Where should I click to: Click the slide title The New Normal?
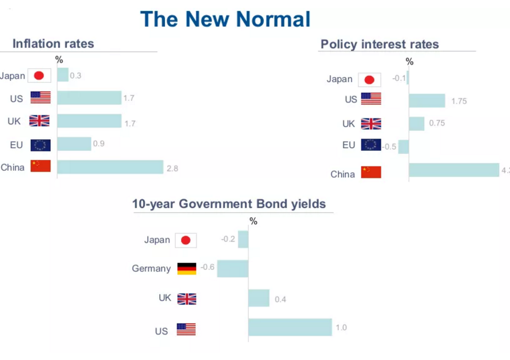tap(225, 19)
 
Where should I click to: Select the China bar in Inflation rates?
tap(110, 167)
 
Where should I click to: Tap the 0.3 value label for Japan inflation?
tap(76, 76)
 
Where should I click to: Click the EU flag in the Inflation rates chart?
tap(40, 144)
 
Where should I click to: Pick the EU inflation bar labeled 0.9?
tap(74, 144)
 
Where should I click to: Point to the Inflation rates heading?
tap(53, 43)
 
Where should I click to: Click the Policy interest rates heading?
tap(379, 44)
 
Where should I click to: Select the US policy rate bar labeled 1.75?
tap(427, 100)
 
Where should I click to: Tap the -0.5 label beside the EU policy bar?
tap(389, 146)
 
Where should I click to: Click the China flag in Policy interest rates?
tap(371, 172)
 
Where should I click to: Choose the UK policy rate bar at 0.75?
tap(416, 124)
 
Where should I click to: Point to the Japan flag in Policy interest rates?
tap(369, 80)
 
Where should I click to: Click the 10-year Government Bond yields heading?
tap(229, 204)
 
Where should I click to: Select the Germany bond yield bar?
tap(233, 268)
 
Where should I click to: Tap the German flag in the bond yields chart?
tap(186, 268)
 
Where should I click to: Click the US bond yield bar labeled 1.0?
tap(290, 327)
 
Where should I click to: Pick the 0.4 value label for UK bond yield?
tap(280, 299)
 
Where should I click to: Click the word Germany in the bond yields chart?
tap(151, 269)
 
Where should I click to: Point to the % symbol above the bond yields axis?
tap(253, 221)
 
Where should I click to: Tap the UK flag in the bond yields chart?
tap(186, 299)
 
